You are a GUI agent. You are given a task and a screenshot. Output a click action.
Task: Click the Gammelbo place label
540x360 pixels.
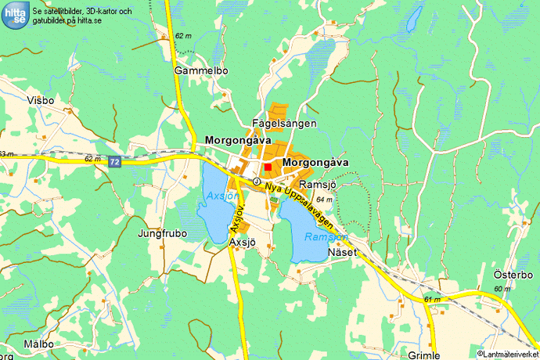(201, 70)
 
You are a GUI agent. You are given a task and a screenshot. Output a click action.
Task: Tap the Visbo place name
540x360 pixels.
(41, 100)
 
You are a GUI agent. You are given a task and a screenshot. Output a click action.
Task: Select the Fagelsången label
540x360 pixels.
(284, 124)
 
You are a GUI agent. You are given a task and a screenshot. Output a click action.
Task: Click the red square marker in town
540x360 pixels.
(268, 167)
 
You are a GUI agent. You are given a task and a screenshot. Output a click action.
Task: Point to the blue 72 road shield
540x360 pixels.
(115, 161)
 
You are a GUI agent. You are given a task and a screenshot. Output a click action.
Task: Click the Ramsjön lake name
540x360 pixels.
(326, 236)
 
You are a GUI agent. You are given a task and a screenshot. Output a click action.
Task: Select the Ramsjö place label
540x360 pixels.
(317, 183)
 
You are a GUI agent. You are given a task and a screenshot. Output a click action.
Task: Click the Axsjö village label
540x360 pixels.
(243, 243)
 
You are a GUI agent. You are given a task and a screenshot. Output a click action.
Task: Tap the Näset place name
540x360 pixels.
(343, 252)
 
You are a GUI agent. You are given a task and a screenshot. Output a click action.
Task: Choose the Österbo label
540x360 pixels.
(513, 275)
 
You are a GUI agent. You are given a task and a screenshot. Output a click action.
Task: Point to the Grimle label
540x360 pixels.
(423, 355)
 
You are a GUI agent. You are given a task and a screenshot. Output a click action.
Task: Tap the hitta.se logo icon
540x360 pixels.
(16, 15)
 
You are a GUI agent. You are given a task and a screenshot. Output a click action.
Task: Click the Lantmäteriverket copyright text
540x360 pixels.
(508, 355)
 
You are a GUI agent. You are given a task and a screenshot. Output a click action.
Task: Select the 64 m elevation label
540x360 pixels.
(325, 200)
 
